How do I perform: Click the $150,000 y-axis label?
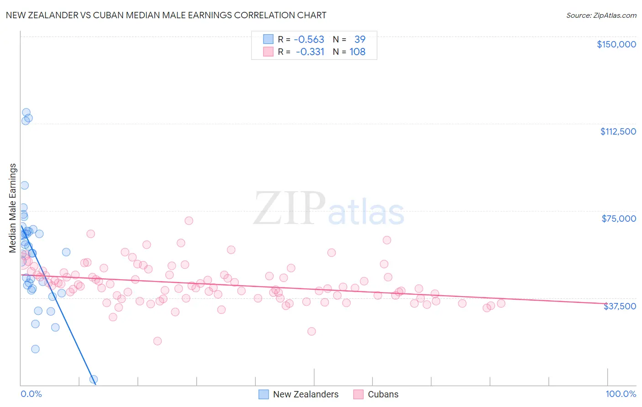616,44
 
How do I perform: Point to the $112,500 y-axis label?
618,131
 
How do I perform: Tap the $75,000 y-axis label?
619,219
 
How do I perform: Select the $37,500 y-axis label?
620,306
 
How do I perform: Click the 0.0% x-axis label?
31,394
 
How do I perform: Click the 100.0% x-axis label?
621,394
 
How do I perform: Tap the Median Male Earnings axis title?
13,208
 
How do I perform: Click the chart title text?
166,15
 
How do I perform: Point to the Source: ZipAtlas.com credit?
601,16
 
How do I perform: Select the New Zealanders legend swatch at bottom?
263,394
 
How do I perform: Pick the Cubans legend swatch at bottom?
358,394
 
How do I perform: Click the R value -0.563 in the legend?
309,39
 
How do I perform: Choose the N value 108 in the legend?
358,52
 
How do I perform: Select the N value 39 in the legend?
360,39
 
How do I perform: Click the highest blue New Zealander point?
26,112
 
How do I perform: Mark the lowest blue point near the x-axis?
94,379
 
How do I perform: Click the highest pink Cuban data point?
189,220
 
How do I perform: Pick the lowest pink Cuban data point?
158,341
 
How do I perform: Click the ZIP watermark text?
289,209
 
